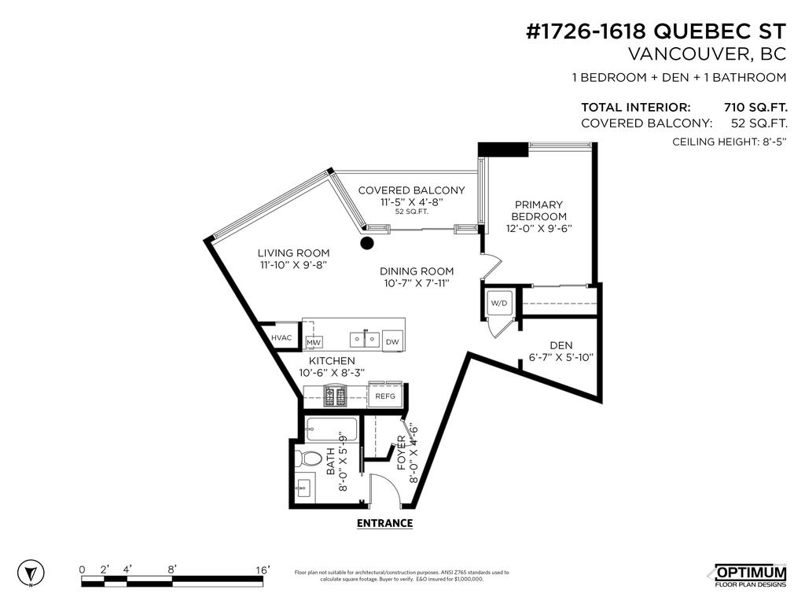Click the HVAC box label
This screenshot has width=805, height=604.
click(281, 337)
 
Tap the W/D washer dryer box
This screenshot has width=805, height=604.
click(499, 303)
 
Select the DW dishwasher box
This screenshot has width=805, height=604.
click(391, 341)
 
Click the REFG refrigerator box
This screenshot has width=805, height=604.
click(385, 396)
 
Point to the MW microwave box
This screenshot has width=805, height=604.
click(314, 342)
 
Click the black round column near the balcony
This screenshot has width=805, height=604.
click(366, 243)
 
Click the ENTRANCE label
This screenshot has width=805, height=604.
click(384, 523)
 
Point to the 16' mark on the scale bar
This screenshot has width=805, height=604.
click(263, 569)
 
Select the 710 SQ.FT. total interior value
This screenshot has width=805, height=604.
click(755, 107)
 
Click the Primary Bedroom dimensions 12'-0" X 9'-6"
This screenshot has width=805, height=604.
click(539, 229)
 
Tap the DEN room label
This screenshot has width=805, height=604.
click(561, 344)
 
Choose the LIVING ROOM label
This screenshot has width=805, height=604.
click(293, 252)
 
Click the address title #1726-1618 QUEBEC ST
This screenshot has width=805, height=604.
click(656, 31)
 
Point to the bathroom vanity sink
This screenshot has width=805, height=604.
click(301, 488)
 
